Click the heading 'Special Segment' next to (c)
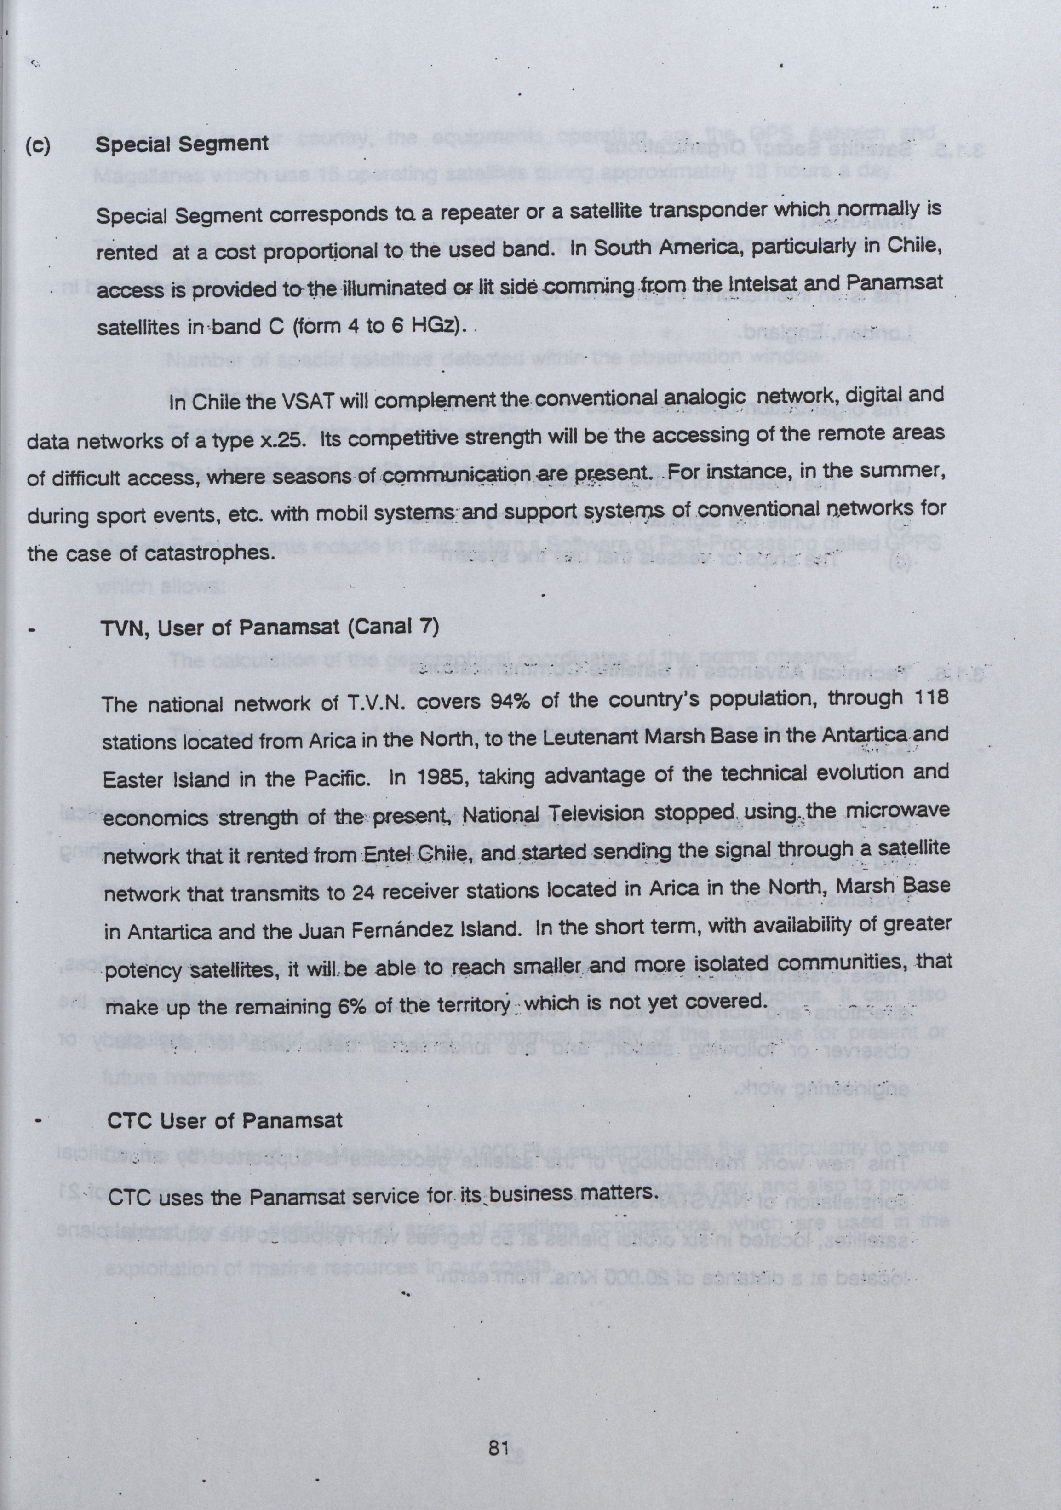tap(182, 144)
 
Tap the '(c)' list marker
tap(37, 144)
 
